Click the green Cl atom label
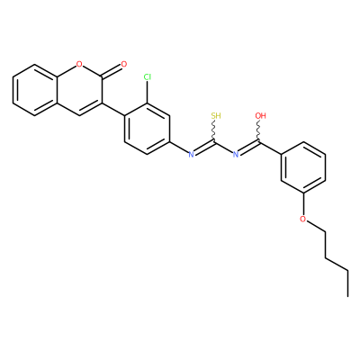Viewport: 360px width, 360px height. [148, 77]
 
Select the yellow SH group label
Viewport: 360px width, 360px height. [216, 116]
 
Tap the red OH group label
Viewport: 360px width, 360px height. [260, 116]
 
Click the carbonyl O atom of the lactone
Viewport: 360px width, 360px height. [123, 64]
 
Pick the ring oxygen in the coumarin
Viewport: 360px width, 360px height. [79, 64]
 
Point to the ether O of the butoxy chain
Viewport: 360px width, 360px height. [303, 219]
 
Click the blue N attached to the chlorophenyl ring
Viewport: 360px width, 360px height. [191, 155]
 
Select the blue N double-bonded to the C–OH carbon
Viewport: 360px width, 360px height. [236, 155]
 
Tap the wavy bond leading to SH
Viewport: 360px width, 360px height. [214, 130]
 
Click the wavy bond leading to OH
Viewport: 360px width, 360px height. [258, 130]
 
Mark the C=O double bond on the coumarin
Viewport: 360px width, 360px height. [111, 71]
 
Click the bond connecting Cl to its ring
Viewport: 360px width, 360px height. [148, 93]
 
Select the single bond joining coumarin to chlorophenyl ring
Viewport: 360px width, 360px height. [113, 109]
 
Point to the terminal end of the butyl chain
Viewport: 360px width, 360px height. [348, 296]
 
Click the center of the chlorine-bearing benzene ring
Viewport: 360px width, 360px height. [148, 129]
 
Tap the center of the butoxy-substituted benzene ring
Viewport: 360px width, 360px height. [303, 167]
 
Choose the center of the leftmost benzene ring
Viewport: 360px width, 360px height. [35, 90]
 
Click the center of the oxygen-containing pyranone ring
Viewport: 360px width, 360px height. [79, 90]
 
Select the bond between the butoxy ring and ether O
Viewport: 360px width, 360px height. [303, 204]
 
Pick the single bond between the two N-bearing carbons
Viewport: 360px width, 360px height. [225, 148]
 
